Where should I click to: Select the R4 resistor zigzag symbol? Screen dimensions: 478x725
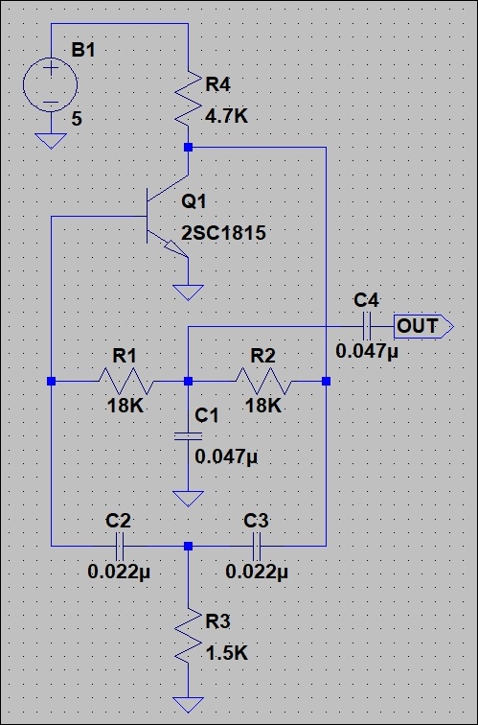[188, 98]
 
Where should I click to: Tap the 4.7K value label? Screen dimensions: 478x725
[227, 117]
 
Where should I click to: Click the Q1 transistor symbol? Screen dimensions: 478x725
[168, 216]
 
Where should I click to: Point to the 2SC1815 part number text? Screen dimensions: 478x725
[223, 233]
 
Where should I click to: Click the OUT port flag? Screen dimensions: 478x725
[423, 326]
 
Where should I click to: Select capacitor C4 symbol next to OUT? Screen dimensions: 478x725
[367, 326]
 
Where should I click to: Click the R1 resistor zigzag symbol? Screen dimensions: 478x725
[126, 381]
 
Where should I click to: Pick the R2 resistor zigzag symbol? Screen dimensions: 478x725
[263, 381]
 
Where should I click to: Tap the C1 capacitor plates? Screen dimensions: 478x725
[188, 436]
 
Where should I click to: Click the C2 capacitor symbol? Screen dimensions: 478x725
[119, 546]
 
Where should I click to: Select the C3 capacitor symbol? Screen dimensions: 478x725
[257, 546]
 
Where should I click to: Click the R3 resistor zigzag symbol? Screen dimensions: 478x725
[188, 636]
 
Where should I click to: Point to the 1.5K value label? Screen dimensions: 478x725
[227, 653]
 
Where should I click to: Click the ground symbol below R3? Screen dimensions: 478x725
[188, 705]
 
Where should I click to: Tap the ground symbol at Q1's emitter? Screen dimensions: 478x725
[188, 292]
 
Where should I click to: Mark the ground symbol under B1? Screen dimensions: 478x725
[51, 141]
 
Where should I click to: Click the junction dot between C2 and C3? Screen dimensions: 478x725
[188, 546]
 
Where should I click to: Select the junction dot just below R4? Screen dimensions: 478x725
[188, 147]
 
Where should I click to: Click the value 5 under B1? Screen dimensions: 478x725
[77, 119]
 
